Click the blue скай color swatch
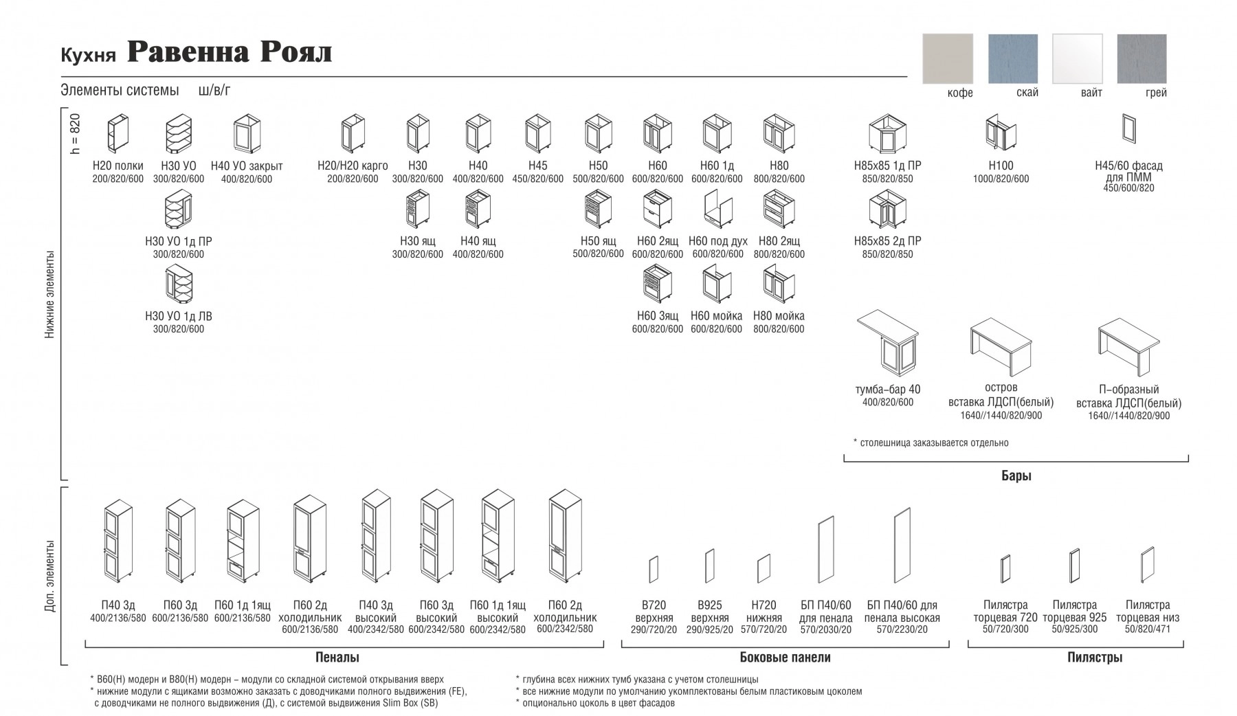coord(1012,58)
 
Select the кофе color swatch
coord(948,58)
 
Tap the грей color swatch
coord(1141,58)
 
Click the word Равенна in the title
coord(188,52)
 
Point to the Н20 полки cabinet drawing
coord(118,133)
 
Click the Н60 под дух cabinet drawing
coord(717,209)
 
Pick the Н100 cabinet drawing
coord(1001,133)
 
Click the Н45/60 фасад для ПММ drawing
coord(1128,128)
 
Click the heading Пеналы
coord(337,658)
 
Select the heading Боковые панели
coord(785,658)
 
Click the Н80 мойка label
coord(779,316)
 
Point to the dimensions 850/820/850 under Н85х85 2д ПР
coord(887,254)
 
